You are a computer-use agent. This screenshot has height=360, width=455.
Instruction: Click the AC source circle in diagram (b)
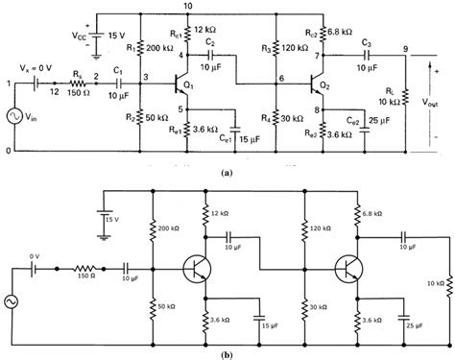[x=17, y=300]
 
